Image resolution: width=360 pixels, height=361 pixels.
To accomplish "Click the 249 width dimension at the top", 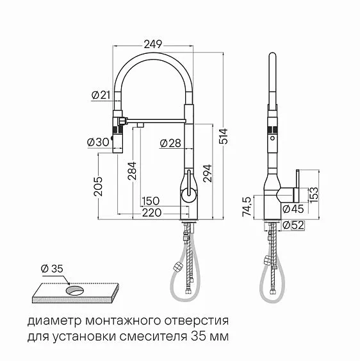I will coord(152,44).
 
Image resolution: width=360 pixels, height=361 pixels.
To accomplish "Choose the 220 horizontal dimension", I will coord(151,213).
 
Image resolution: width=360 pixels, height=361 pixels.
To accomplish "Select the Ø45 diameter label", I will coord(293,208).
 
